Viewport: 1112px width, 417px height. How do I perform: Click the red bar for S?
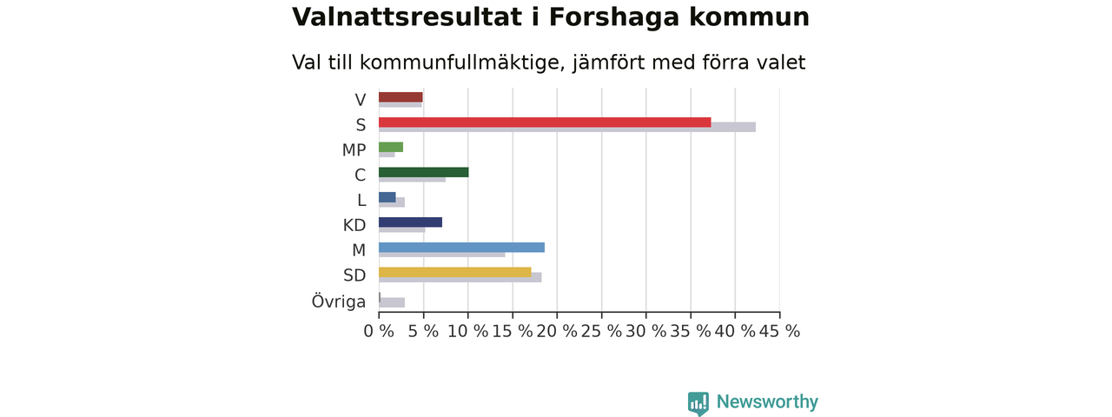[545, 122]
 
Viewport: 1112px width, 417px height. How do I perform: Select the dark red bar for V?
[400, 97]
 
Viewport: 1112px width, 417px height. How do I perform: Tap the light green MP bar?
[391, 147]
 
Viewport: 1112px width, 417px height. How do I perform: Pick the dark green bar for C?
[423, 172]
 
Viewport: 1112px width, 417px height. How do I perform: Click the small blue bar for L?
[387, 197]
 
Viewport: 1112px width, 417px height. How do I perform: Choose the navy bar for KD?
[411, 222]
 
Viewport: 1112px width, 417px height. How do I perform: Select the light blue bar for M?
[461, 248]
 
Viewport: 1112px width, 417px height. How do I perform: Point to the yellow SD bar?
[454, 272]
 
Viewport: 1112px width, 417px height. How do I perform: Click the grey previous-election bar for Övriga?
[392, 302]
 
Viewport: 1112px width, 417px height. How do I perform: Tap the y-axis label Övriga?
[339, 301]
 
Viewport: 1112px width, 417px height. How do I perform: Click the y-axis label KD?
[354, 225]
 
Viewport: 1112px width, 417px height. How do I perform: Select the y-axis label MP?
[354, 150]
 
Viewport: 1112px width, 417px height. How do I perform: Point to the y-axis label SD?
[354, 275]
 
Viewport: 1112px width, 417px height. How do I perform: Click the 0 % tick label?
[379, 331]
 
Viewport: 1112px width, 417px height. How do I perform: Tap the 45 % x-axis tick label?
[779, 331]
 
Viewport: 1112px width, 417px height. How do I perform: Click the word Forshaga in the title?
[614, 18]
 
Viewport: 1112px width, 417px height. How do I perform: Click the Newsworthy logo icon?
[698, 403]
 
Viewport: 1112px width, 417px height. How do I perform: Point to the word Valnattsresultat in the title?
[407, 17]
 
